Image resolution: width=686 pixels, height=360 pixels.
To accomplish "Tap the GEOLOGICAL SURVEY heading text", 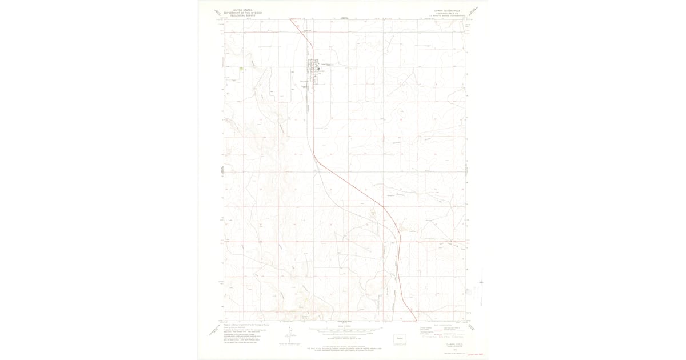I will tap(239, 15).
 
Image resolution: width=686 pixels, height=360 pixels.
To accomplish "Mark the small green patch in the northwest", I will tap(242, 69).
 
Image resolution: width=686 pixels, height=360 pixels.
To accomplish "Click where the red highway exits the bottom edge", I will tap(416, 321).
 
